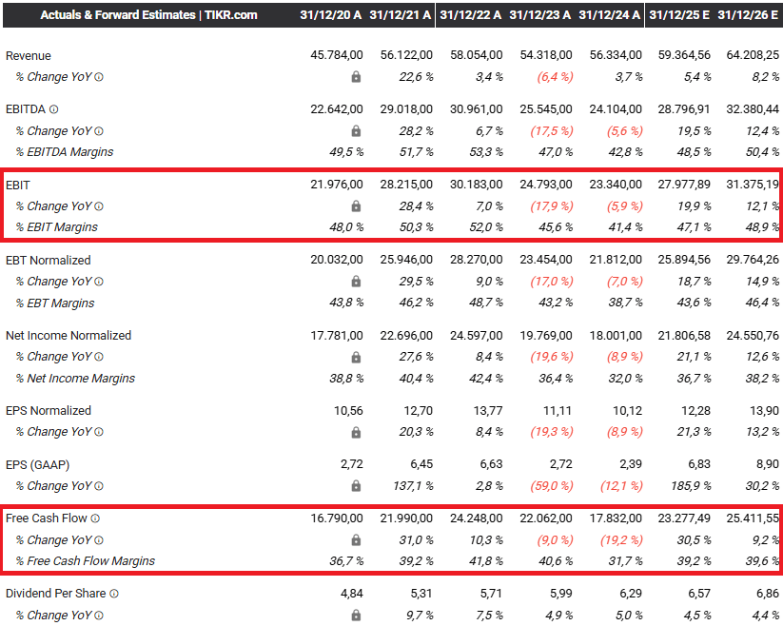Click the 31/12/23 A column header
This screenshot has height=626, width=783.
pyautogui.click(x=539, y=14)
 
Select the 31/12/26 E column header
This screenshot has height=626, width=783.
pyautogui.click(x=748, y=14)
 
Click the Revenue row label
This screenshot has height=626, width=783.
pyautogui.click(x=29, y=56)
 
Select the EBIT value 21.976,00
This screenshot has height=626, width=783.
pyautogui.click(x=337, y=185)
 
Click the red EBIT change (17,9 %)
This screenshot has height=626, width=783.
pyautogui.click(x=551, y=205)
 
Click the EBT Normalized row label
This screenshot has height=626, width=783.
pyautogui.click(x=49, y=260)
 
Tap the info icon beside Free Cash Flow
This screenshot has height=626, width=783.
pyautogui.click(x=95, y=518)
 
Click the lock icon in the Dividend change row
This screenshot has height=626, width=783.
pyautogui.click(x=356, y=615)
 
